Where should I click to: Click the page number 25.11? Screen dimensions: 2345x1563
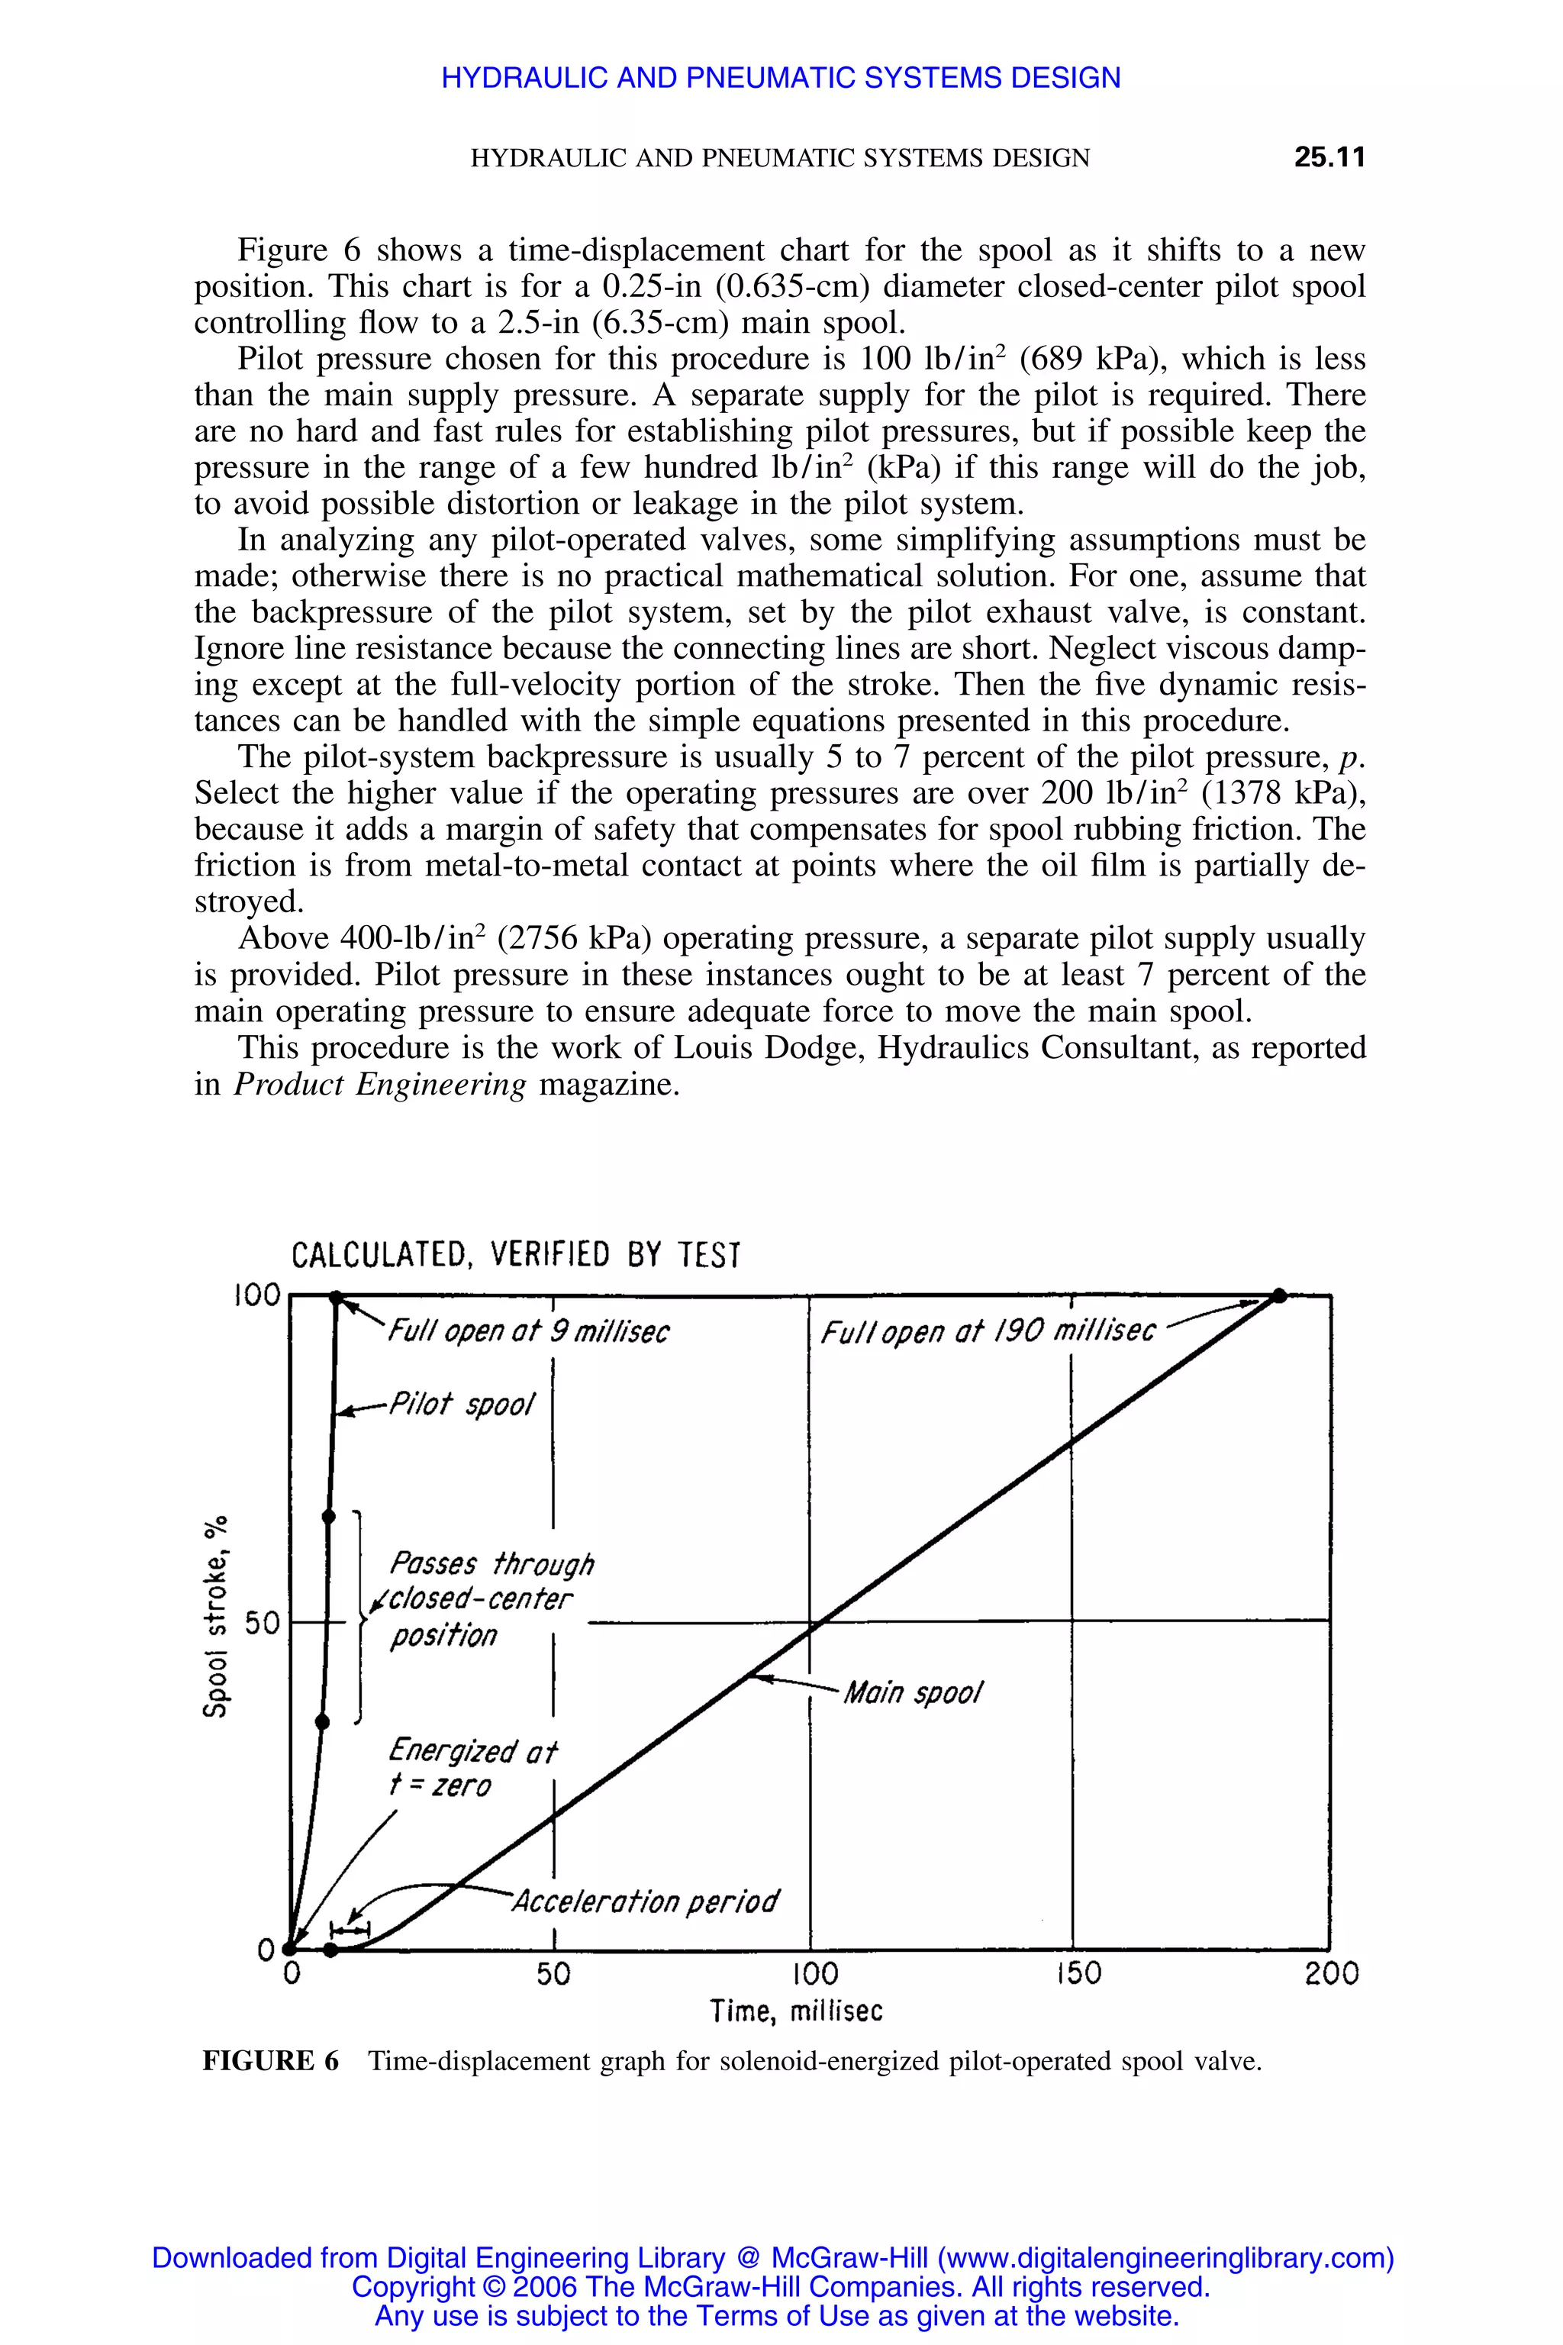pyautogui.click(x=1329, y=157)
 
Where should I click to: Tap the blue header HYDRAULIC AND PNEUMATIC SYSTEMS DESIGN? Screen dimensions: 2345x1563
pyautogui.click(x=781, y=78)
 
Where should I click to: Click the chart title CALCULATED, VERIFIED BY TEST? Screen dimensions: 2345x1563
pyautogui.click(x=515, y=1254)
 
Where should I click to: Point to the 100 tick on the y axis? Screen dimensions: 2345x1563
pyautogui.click(x=257, y=1295)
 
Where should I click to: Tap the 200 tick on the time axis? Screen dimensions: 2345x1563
pyautogui.click(x=1332, y=1974)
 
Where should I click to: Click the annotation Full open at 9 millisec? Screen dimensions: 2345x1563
pyautogui.click(x=528, y=1332)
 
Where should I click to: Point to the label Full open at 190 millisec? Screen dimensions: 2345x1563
pyautogui.click(x=988, y=1332)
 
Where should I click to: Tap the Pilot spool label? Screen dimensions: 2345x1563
pyautogui.click(x=462, y=1405)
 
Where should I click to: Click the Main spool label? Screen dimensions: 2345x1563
pyautogui.click(x=913, y=1693)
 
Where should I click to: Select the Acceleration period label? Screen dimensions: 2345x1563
pyautogui.click(x=645, y=1901)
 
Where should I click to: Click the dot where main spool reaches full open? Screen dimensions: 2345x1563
pyautogui.click(x=1281, y=1296)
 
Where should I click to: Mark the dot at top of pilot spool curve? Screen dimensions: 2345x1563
pyautogui.click(x=337, y=1296)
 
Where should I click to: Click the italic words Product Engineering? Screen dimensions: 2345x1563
pyautogui.click(x=380, y=1085)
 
